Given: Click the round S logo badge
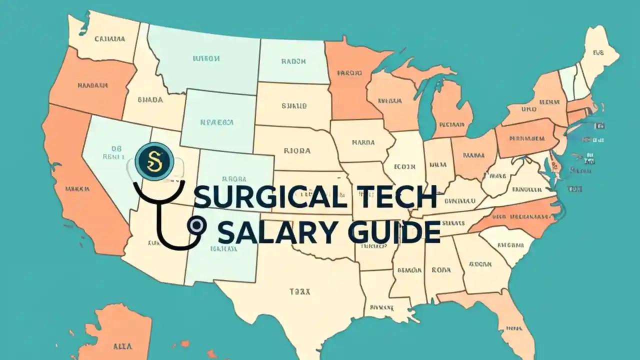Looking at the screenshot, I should (x=154, y=161).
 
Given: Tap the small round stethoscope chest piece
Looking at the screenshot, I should (x=195, y=226).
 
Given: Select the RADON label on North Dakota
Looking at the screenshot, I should (x=293, y=62).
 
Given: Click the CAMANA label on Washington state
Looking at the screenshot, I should (x=110, y=38).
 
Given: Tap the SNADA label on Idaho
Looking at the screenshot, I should (x=149, y=99).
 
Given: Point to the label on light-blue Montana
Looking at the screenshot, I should (x=205, y=58).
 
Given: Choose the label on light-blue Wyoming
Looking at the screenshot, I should (x=216, y=121).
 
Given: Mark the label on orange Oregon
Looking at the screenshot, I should (x=93, y=85).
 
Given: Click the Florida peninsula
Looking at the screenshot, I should (x=505, y=320).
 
